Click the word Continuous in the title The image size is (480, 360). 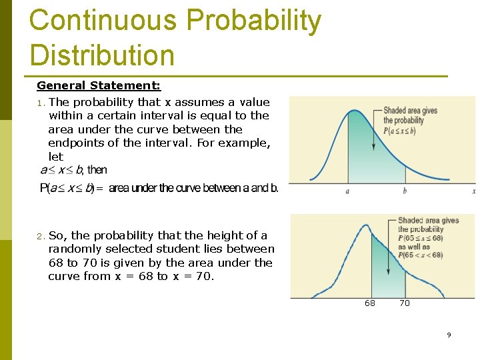103,21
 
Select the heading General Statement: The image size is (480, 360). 99,85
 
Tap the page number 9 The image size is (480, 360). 449,335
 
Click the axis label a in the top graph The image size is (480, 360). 347,191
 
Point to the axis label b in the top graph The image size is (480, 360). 405,191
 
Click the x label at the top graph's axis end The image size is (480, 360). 473,191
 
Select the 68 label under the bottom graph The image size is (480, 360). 370,303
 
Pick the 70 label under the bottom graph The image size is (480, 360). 405,303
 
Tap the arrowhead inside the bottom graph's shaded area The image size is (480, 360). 389,272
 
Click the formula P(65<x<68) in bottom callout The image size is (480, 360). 420,255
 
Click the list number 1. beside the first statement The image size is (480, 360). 41,103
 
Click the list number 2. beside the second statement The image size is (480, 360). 41,236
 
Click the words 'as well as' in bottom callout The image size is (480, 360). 414,247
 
